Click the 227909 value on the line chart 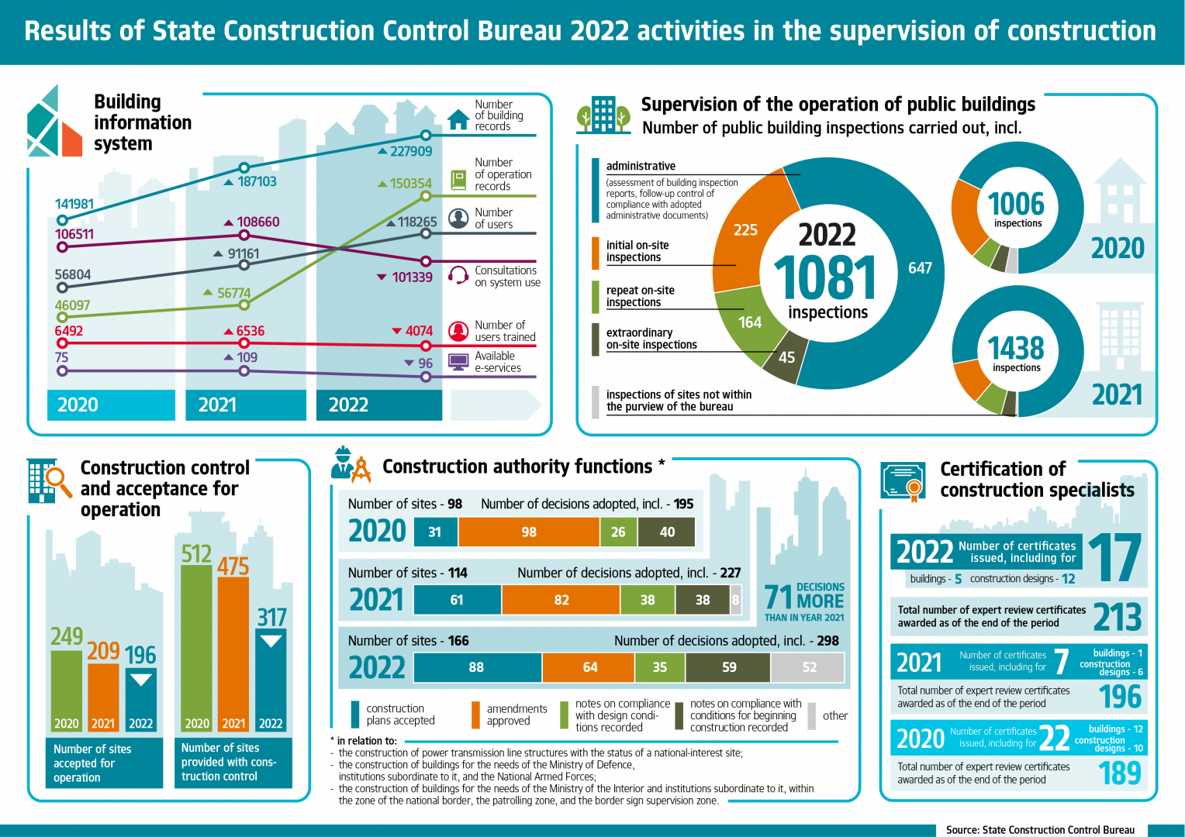[x=411, y=151]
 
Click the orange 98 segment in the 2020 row [x=529, y=532]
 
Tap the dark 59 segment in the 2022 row [x=728, y=667]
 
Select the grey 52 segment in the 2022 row [x=808, y=667]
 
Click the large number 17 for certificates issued [x=1114, y=558]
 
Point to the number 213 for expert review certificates [x=1117, y=617]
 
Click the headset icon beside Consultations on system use [x=459, y=276]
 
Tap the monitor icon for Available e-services [x=459, y=362]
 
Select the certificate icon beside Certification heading [x=903, y=482]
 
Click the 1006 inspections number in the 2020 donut [x=1016, y=205]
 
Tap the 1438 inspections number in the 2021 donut [x=1016, y=349]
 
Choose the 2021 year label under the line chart [x=217, y=405]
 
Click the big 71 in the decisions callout [x=778, y=598]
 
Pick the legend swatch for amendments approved [x=475, y=715]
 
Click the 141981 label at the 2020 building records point [x=74, y=204]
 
